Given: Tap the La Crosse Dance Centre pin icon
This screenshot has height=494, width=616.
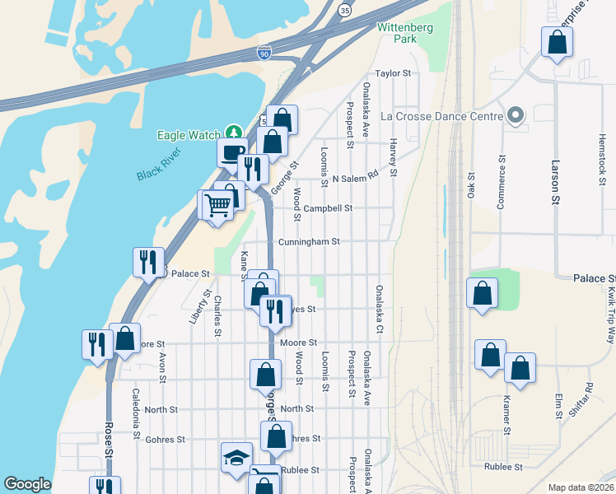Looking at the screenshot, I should tap(516, 115).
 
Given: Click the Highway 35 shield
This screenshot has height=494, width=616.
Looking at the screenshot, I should tap(344, 10).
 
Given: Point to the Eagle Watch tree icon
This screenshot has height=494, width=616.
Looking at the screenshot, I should tap(235, 134).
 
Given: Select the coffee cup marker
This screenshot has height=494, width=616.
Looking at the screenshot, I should tap(231, 151).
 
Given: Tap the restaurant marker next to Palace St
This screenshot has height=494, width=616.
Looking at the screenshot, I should tap(148, 262).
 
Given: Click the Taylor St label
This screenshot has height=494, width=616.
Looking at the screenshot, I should tap(393, 73).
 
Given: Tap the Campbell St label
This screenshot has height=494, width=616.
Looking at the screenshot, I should tap(328, 208).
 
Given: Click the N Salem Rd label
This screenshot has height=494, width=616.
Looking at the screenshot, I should tap(355, 177).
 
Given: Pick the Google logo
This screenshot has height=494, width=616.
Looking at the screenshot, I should tap(27, 484).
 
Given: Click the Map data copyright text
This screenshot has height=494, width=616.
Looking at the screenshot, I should tap(580, 487).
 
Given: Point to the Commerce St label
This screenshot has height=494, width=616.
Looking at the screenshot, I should tap(501, 182).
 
